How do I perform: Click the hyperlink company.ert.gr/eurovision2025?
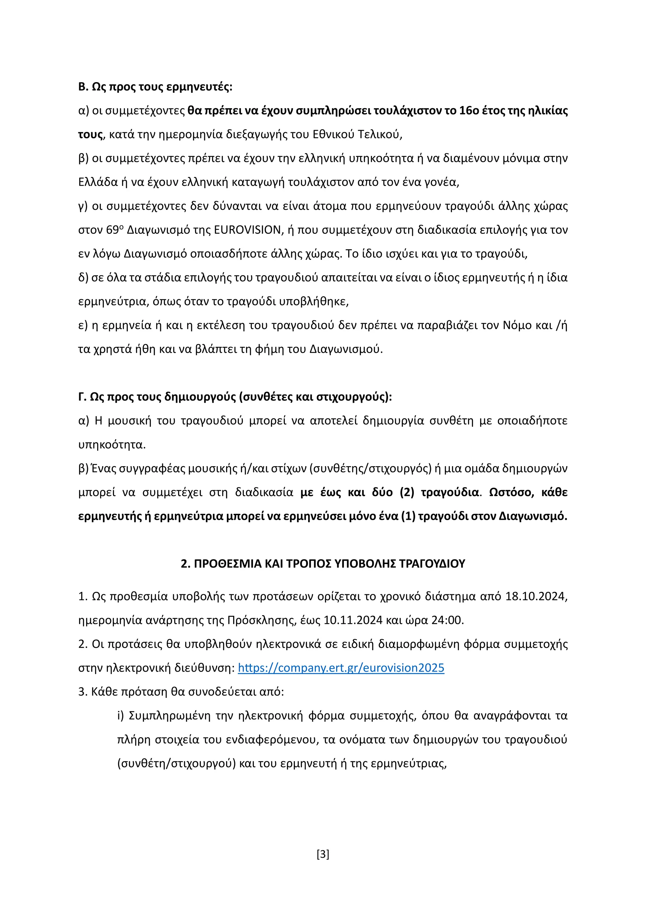pos(341,668)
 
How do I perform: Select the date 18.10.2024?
pos(536,596)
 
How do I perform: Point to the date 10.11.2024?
pos(353,620)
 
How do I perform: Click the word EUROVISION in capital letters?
pos(247,230)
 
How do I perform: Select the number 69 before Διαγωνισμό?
pos(113,230)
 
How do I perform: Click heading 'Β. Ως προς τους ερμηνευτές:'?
pos(155,87)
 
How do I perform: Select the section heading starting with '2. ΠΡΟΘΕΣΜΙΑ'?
pos(323,564)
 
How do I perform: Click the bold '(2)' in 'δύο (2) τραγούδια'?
pos(407,492)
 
